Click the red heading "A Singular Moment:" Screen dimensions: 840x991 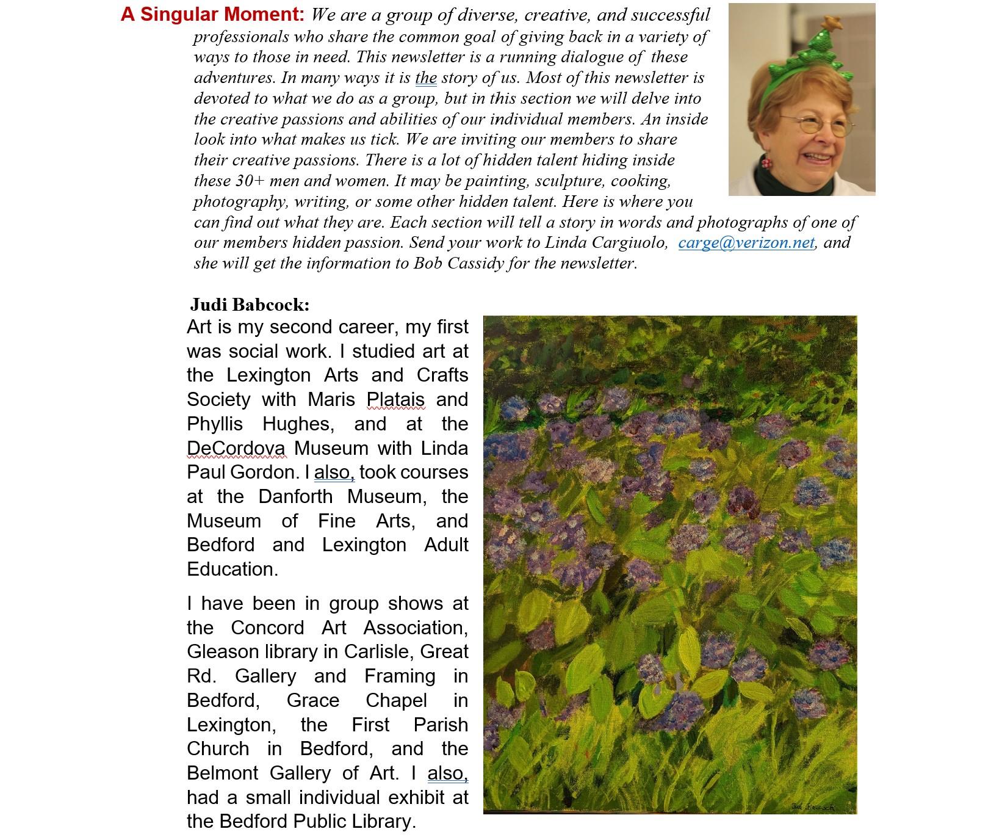pyautogui.click(x=212, y=15)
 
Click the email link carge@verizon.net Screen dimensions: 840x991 pyautogui.click(x=746, y=243)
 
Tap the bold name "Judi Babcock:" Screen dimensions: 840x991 pyautogui.click(x=250, y=304)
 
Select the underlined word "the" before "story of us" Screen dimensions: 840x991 pyautogui.click(x=426, y=78)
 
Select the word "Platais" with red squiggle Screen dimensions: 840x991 pyautogui.click(x=395, y=400)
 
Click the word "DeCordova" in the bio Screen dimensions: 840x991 pyautogui.click(x=236, y=449)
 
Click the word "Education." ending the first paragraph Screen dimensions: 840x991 pyautogui.click(x=232, y=570)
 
